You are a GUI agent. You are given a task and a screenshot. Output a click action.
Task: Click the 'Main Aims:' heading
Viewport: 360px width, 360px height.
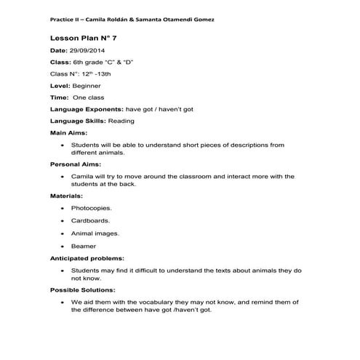(x=68, y=133)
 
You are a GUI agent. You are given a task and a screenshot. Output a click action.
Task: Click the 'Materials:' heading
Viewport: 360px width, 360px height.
(x=66, y=196)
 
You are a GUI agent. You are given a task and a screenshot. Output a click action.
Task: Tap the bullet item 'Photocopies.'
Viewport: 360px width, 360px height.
(x=91, y=208)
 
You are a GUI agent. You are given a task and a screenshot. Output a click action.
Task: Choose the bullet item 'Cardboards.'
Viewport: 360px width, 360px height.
(x=91, y=221)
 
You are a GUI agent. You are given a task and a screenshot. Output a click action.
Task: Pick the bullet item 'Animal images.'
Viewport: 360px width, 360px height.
(x=95, y=233)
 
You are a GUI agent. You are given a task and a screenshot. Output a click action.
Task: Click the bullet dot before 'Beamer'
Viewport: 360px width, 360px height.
(x=63, y=246)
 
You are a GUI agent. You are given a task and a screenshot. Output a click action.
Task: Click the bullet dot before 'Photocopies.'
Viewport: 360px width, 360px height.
(x=63, y=208)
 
